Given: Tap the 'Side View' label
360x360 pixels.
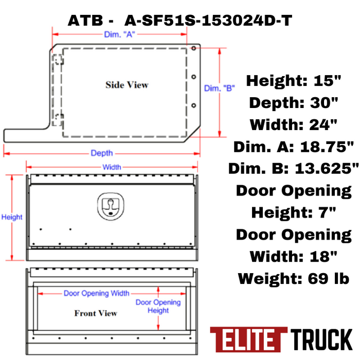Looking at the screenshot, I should pos(127,85).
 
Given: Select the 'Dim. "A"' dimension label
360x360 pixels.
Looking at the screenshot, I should pos(119,34).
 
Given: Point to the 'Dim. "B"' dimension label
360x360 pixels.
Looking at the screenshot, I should pos(220,88).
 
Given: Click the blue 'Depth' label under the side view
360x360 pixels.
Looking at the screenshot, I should pos(102,153).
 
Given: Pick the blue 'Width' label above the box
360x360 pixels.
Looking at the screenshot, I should pos(112,167).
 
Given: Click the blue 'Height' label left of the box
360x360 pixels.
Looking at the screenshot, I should pos(11,217).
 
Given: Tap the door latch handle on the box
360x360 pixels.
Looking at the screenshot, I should pos(110,204).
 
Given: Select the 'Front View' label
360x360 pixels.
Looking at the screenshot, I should pos(96,313).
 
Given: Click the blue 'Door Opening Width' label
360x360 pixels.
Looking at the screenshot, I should pos(97,293).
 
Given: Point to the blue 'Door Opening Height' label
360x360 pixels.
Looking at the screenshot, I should pos(158,306).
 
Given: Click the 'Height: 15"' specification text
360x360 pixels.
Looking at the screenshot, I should pos(294,81).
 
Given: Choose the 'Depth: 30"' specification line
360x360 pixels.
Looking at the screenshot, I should pos(294,102).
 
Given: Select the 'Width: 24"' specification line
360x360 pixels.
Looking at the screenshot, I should pos(294,124).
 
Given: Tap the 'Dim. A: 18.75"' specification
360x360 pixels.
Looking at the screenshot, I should pos(294,147).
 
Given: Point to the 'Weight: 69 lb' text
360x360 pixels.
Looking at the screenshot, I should pos(294,278).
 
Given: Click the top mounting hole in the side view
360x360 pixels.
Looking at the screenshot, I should pos(193,48).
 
